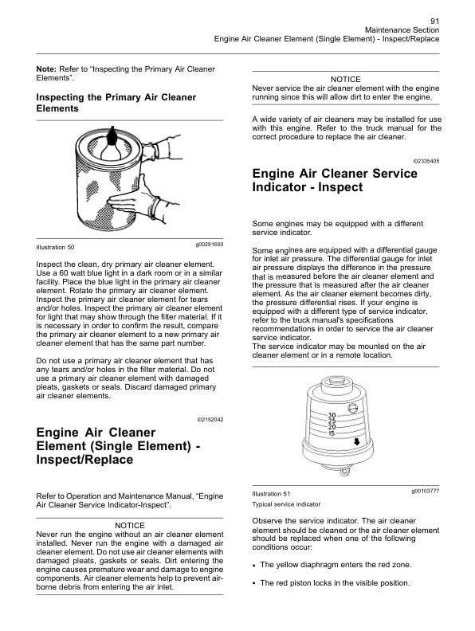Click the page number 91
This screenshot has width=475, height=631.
click(434, 21)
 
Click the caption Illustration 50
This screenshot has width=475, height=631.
click(55, 247)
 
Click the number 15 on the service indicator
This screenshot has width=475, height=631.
click(332, 433)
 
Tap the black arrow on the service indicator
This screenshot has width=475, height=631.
click(357, 441)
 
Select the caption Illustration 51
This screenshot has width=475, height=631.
click(270, 495)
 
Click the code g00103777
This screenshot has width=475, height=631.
click(425, 490)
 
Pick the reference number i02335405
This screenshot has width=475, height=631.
click(426, 161)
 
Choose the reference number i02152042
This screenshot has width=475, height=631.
click(210, 419)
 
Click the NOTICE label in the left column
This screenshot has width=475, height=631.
click(131, 526)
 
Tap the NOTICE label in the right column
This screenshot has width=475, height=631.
click(346, 79)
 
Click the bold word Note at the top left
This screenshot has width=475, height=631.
click(46, 69)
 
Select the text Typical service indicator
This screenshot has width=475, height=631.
click(286, 504)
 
